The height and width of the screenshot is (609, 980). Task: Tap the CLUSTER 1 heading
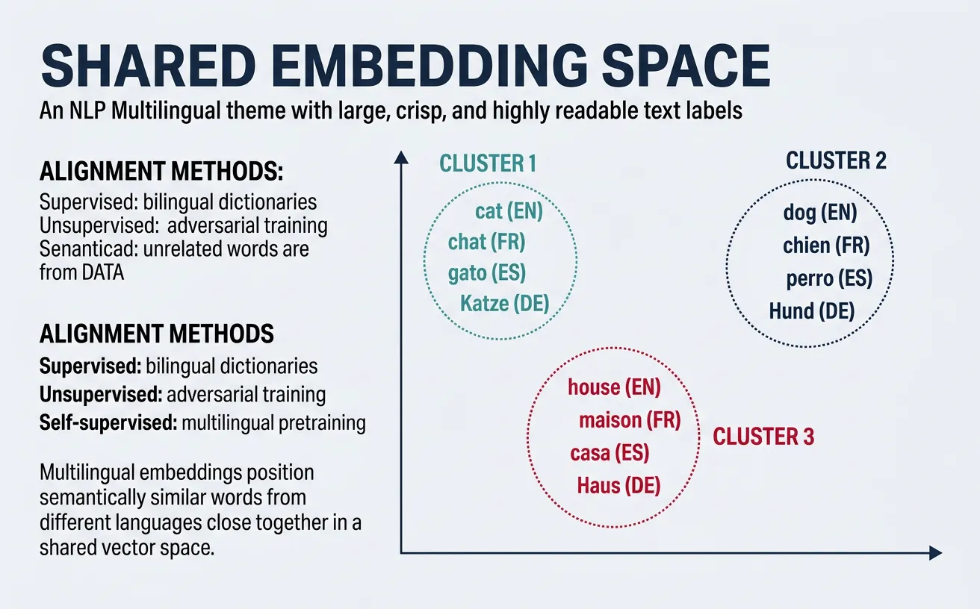click(488, 163)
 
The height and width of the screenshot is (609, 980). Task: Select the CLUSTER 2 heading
click(836, 160)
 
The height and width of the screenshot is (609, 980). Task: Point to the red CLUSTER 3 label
click(763, 437)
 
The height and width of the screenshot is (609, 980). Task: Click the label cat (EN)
click(509, 211)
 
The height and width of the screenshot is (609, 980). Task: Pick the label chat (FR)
click(486, 243)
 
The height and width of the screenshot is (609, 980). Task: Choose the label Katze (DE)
click(504, 303)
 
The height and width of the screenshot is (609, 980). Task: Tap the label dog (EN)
click(819, 213)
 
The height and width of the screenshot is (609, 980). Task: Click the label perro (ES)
click(829, 279)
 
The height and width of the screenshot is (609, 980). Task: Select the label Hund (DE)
click(811, 310)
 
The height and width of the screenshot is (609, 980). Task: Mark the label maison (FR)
click(630, 420)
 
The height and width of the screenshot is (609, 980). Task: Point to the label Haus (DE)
click(618, 486)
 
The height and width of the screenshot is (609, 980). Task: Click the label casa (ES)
click(610, 453)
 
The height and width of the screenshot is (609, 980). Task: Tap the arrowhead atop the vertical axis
click(401, 157)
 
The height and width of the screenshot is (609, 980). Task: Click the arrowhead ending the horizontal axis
click(935, 553)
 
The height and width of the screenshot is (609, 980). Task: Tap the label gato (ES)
click(486, 273)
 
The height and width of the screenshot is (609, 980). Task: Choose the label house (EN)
click(614, 387)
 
